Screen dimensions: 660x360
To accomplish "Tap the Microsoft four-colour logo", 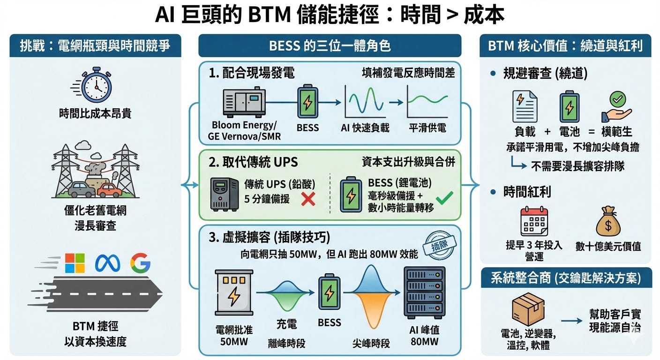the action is [75, 263].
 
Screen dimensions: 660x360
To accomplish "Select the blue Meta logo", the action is [107, 263].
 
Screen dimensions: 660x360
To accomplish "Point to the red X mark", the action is [307, 199].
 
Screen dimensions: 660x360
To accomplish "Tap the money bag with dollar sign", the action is [608, 222].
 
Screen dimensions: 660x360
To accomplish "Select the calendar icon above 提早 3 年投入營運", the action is [534, 222].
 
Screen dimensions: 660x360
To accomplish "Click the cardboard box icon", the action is [528, 309].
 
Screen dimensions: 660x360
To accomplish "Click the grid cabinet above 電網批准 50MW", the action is [233, 292].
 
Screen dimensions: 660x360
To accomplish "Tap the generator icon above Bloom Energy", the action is [244, 103].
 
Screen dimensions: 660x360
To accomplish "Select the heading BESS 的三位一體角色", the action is [330, 46].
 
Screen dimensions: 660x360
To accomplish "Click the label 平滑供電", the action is [427, 127].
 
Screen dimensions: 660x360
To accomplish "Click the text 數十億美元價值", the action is [608, 246].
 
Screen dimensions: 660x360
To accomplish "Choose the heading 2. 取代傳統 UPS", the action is [253, 162].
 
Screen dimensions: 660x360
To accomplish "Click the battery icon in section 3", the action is [329, 293].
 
